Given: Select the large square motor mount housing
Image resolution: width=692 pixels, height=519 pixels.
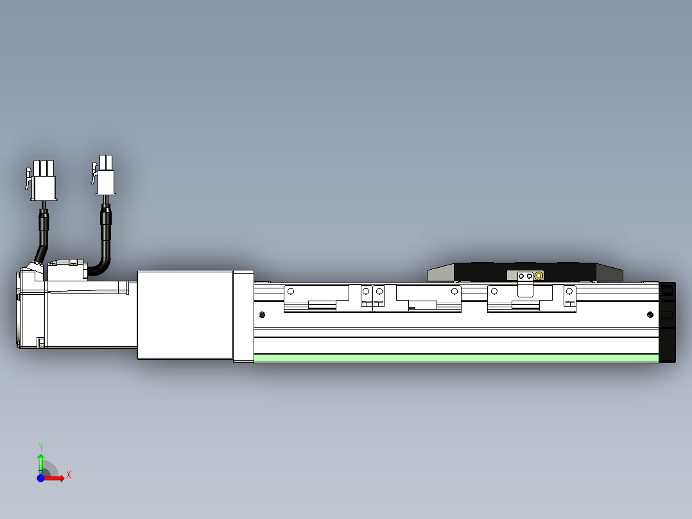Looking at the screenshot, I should [x=184, y=314].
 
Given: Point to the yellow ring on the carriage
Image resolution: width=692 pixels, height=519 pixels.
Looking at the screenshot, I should [x=539, y=276].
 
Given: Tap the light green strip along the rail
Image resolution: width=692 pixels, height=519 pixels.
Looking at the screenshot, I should [x=456, y=358].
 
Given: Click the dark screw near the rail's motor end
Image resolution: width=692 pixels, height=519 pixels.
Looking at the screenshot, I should [x=262, y=314].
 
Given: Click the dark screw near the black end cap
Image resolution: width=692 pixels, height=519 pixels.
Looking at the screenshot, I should [x=650, y=314].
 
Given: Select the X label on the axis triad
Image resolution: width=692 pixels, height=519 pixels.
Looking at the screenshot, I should [x=69, y=475].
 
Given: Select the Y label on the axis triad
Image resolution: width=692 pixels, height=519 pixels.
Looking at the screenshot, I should [x=41, y=446].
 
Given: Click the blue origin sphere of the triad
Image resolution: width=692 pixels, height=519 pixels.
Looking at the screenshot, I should [x=41, y=478].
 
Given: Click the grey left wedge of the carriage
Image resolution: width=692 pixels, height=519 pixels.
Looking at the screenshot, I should [x=440, y=274].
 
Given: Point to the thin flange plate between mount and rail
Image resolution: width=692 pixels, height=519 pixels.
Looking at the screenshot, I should [x=243, y=317].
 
